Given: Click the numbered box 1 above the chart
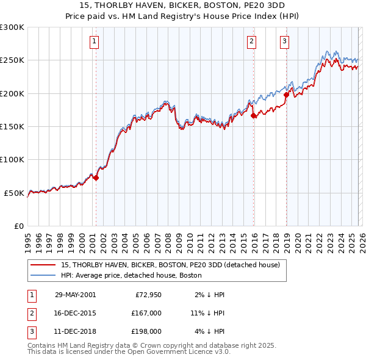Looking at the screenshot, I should (x=95, y=41).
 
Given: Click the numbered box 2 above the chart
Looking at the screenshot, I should (x=251, y=41).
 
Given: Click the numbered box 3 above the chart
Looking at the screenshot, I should (x=284, y=41).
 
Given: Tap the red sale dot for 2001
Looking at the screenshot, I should (x=96, y=178).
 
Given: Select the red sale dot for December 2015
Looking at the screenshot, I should (x=253, y=115).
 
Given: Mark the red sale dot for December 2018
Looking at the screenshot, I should (x=286, y=95).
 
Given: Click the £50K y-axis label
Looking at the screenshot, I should (x=15, y=193).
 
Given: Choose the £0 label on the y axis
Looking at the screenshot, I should (x=20, y=226).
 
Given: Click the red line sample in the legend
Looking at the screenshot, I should (x=43, y=265).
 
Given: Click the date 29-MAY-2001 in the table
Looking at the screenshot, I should (x=75, y=295).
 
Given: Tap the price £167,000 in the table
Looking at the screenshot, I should (x=146, y=313).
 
